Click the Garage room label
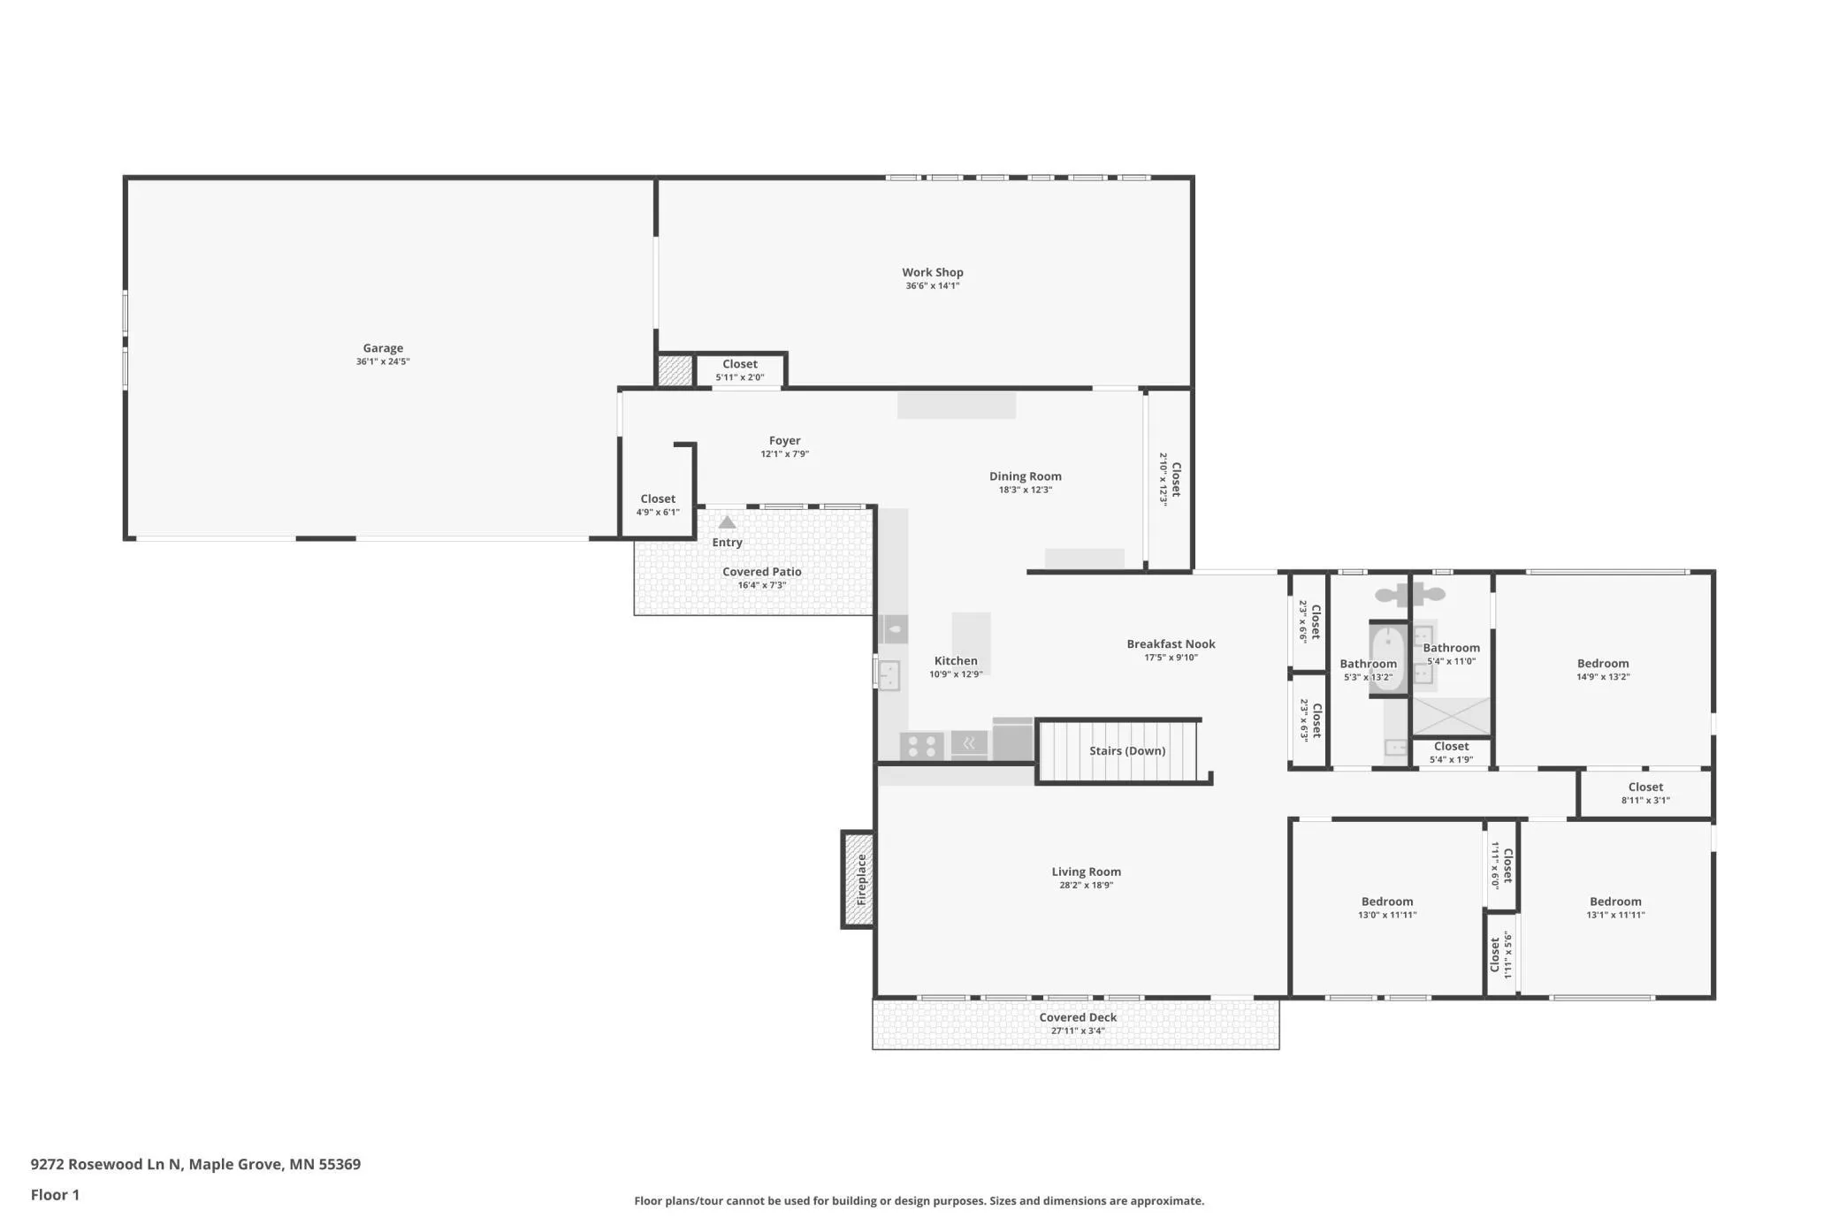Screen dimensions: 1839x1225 [x=383, y=348]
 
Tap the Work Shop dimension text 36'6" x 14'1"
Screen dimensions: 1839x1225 [x=933, y=286]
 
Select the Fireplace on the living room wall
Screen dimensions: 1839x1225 [x=858, y=879]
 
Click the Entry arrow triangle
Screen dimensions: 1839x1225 [x=727, y=522]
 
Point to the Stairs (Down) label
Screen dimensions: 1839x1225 [x=1127, y=751]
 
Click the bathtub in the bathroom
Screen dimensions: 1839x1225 [x=1388, y=658]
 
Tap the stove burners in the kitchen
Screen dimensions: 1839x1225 [x=922, y=746]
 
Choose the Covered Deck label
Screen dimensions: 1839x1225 [x=1078, y=1017]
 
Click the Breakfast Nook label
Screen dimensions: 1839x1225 [x=1171, y=644]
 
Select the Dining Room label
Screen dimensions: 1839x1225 [x=1026, y=476]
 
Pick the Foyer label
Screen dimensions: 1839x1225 [x=785, y=440]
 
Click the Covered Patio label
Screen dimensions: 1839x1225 [x=762, y=572]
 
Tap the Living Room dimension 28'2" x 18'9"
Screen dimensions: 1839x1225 [x=1087, y=886]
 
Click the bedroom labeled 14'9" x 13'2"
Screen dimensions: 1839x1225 [x=1603, y=670]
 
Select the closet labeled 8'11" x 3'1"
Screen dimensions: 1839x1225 [x=1645, y=794]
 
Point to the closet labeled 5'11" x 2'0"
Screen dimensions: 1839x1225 [x=740, y=370]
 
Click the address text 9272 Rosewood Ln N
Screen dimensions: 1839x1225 [x=105, y=1164]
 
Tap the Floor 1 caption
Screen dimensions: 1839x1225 [x=55, y=1195]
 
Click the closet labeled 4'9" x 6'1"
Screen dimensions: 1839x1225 [x=658, y=506]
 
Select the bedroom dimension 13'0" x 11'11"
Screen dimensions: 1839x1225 [x=1387, y=916]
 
